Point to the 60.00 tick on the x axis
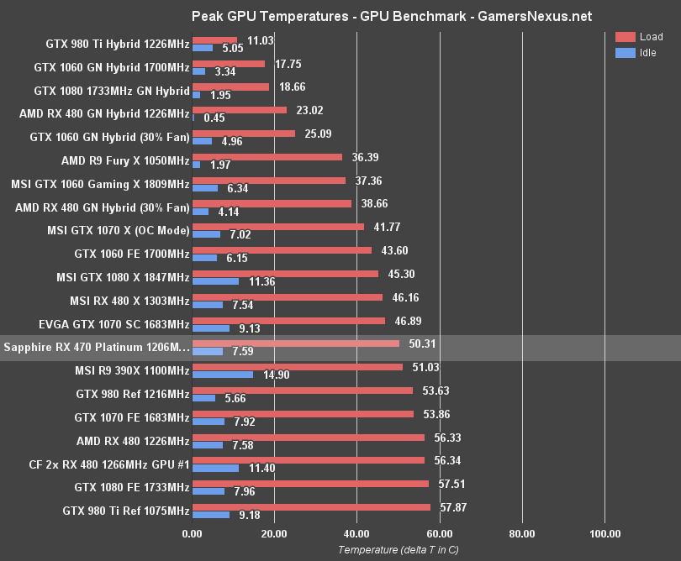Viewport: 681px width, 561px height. [439, 532]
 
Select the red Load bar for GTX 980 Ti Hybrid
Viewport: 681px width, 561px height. [215, 39]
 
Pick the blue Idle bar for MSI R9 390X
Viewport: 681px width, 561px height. [223, 375]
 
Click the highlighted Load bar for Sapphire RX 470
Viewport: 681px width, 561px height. [296, 343]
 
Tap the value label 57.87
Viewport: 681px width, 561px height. [451, 507]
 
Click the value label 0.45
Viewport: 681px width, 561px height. [214, 118]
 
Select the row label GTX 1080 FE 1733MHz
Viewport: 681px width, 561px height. [132, 487]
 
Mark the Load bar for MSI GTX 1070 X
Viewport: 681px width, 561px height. [278, 226]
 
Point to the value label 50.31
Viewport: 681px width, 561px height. [420, 343]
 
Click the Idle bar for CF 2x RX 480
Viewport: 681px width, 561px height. [216, 468]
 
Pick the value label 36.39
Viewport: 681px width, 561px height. [362, 156]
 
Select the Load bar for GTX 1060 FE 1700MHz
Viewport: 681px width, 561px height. [282, 249]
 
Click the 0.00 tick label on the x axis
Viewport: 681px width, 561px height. [193, 532]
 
